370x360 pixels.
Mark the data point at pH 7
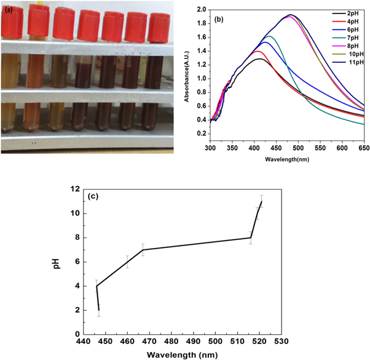point(143,249)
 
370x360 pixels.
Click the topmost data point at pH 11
point(262,201)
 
